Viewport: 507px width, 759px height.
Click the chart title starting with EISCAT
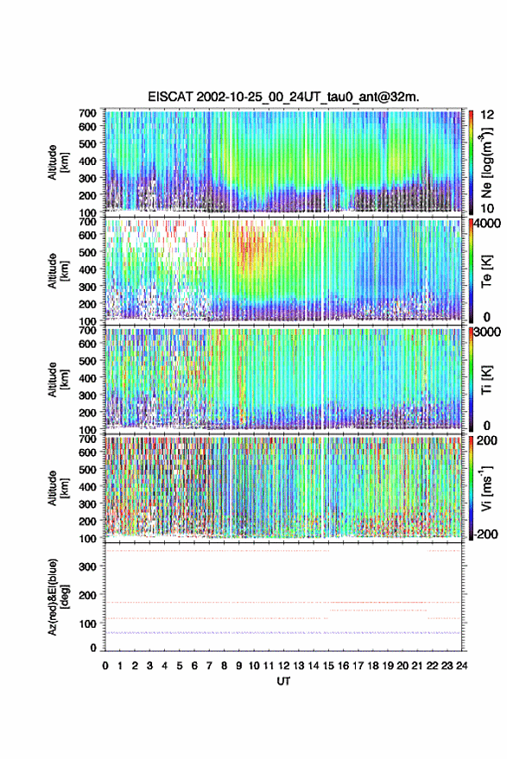coord(283,97)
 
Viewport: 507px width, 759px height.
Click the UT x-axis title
coord(283,681)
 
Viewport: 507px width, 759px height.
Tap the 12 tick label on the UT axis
coord(284,666)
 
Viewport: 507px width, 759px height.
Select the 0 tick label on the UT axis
coord(105,666)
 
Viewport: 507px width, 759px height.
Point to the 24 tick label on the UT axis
coord(461,666)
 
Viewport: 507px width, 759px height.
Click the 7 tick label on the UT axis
coord(209,666)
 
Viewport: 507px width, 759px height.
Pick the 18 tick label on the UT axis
coord(373,666)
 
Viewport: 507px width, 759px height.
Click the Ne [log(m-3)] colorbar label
coord(486,162)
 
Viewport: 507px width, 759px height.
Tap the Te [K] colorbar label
coord(486,271)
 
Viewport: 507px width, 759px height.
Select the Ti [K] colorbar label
coord(486,380)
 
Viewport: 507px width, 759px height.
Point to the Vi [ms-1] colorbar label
coord(486,488)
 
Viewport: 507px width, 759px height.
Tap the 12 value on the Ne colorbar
coord(487,115)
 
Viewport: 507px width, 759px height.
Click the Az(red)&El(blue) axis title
coord(57,597)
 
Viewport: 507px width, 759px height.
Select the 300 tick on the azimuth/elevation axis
coord(87,566)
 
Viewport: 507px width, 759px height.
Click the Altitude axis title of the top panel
coord(57,162)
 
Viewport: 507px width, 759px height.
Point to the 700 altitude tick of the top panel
coord(87,113)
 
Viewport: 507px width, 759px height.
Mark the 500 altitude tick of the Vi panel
coord(87,470)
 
